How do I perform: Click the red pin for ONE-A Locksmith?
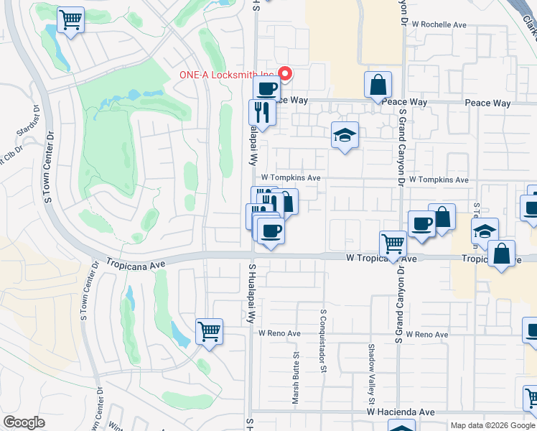(285, 73)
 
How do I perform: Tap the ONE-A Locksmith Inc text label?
(228, 75)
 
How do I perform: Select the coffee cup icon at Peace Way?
(266, 89)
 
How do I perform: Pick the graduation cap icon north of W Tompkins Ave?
(345, 134)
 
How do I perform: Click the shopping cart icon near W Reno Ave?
(210, 332)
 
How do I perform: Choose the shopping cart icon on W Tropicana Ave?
(393, 244)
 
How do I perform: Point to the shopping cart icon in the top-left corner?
(70, 19)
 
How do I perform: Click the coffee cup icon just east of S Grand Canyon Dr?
(421, 223)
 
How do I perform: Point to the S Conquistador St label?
(324, 342)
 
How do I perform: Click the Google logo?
(24, 422)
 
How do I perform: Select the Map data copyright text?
(492, 425)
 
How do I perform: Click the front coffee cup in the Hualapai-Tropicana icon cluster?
(271, 231)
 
